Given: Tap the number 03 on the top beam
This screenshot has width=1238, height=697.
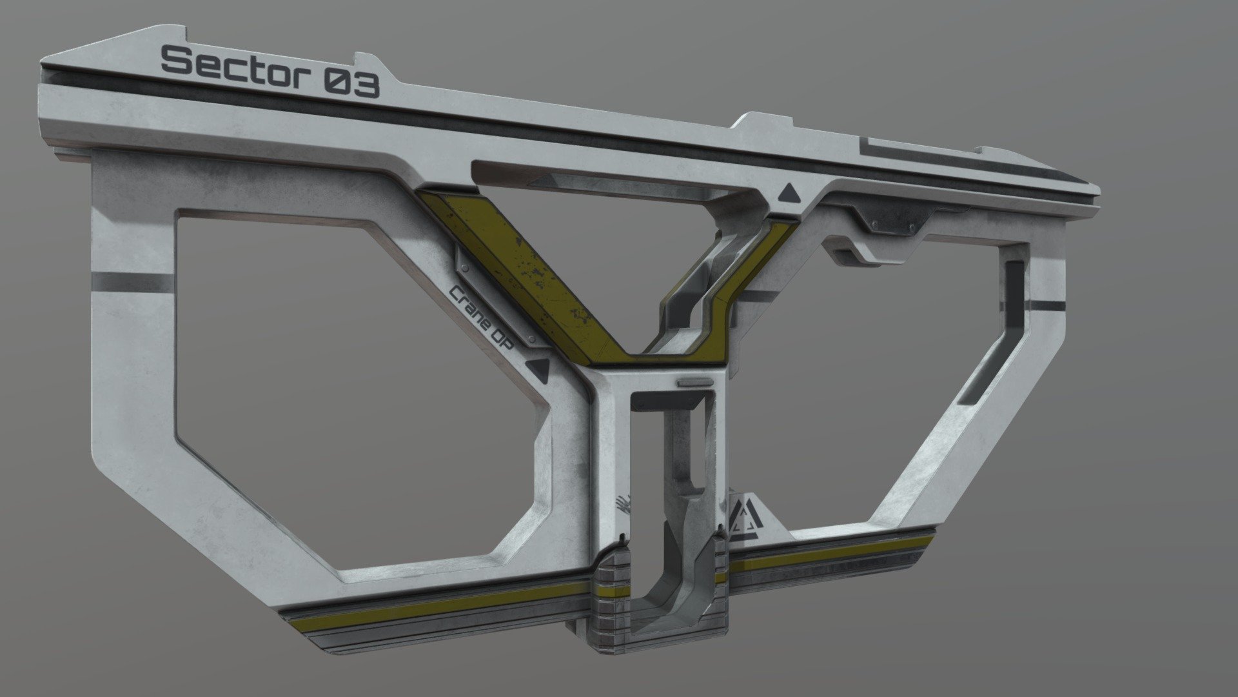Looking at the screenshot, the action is click(352, 85).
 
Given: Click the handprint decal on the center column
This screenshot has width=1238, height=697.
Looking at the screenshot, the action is click(623, 503).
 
